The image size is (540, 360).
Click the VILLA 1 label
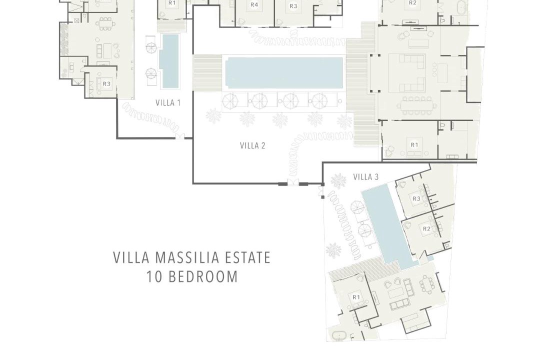(x=167, y=102)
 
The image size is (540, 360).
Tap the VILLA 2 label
(x=252, y=145)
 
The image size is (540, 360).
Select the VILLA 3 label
(x=365, y=177)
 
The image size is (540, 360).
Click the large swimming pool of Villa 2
(x=284, y=73)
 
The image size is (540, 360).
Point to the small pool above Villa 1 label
(x=170, y=61)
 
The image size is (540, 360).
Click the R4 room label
(x=254, y=5)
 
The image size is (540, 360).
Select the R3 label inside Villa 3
(x=416, y=199)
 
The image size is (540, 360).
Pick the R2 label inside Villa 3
(x=426, y=228)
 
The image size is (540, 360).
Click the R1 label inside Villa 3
(x=356, y=297)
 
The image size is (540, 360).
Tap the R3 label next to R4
(x=293, y=6)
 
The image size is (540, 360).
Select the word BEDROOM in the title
(x=203, y=277)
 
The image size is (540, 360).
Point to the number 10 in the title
(x=154, y=277)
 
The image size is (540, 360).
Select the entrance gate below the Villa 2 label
(x=294, y=183)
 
